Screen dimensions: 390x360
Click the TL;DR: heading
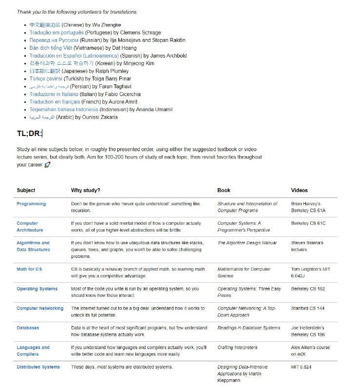click(29, 134)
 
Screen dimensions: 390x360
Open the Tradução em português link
click(57, 33)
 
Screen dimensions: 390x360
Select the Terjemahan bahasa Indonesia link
click(63, 110)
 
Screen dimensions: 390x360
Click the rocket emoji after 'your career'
click(47, 165)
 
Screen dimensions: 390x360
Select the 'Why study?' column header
click(86, 191)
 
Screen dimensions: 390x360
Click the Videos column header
click(299, 191)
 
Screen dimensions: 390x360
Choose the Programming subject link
click(31, 204)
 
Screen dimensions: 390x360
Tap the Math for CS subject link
click(29, 269)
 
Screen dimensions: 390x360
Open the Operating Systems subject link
click(37, 289)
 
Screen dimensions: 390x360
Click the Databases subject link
click(28, 328)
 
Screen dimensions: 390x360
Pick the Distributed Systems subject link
click(38, 367)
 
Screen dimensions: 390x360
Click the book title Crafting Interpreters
click(237, 348)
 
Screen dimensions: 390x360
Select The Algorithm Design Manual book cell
click(246, 243)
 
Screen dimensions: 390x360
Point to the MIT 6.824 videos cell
click(302, 367)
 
